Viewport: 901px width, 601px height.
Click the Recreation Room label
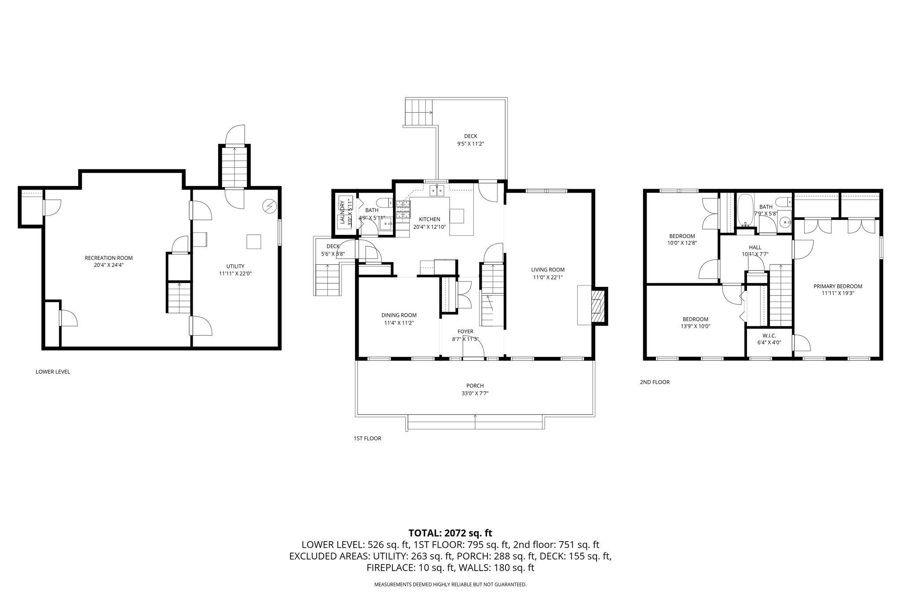pyautogui.click(x=109, y=258)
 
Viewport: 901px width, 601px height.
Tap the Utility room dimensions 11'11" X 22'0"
pyautogui.click(x=235, y=273)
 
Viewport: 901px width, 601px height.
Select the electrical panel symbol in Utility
pyautogui.click(x=269, y=206)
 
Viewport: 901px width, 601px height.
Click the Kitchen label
pyautogui.click(x=429, y=219)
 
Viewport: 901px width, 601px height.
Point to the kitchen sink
pyautogui.click(x=437, y=190)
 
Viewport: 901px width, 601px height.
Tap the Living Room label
pyautogui.click(x=548, y=270)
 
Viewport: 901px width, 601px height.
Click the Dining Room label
pyautogui.click(x=399, y=315)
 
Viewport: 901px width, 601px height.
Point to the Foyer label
pyautogui.click(x=465, y=331)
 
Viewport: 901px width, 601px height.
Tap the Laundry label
pyautogui.click(x=341, y=213)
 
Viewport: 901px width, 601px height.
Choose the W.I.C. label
pyautogui.click(x=769, y=335)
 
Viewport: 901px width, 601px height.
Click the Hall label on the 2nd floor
pyautogui.click(x=755, y=247)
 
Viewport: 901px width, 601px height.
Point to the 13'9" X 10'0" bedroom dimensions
pyautogui.click(x=696, y=326)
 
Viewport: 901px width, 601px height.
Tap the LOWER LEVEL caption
pyautogui.click(x=53, y=372)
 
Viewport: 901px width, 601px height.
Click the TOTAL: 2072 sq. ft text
pyautogui.click(x=450, y=533)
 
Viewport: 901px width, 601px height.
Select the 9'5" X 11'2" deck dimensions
pyautogui.click(x=470, y=143)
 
